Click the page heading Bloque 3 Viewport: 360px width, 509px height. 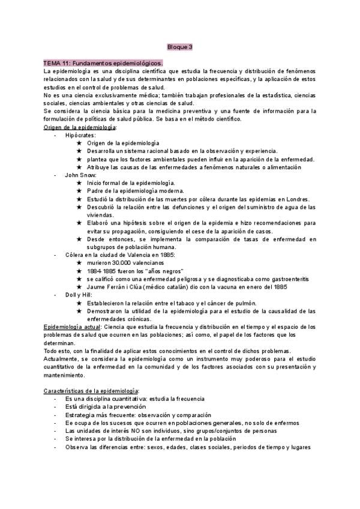179,47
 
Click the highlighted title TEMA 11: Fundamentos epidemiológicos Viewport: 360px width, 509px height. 103,63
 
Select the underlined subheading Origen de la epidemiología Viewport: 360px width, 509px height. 80,127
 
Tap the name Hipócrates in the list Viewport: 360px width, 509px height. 80,135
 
